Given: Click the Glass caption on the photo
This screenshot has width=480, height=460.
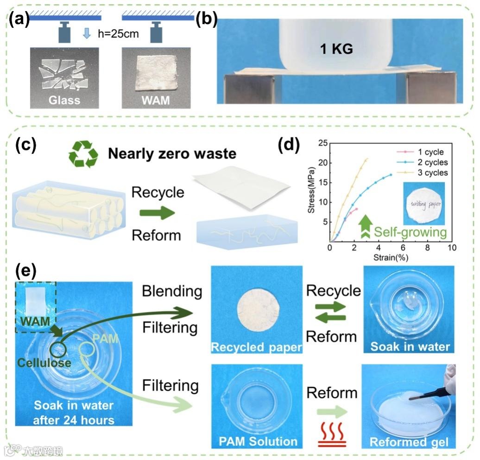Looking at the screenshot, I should pyautogui.click(x=64, y=100).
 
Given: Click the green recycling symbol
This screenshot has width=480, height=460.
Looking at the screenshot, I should pyautogui.click(x=83, y=154).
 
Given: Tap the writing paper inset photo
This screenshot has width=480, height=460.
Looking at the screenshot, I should pyautogui.click(x=423, y=204).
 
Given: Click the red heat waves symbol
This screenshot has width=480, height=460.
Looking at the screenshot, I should pyautogui.click(x=332, y=436).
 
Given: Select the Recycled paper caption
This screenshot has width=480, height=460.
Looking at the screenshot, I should pyautogui.click(x=257, y=347).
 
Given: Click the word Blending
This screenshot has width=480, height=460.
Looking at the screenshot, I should pyautogui.click(x=172, y=291).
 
